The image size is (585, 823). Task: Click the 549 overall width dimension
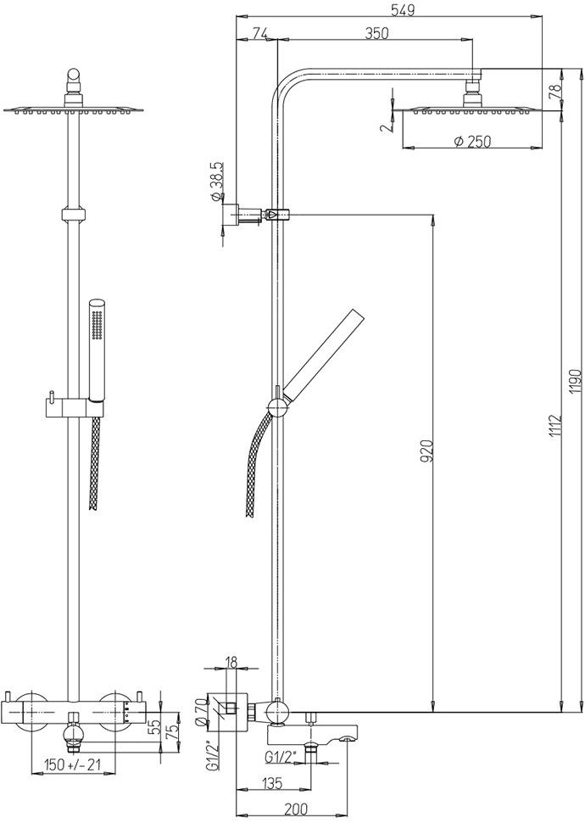(x=403, y=10)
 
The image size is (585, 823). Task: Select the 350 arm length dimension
(x=376, y=33)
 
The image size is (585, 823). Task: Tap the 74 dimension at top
(x=260, y=33)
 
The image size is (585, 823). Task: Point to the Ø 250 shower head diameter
(x=472, y=141)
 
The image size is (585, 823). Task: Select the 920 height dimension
(x=427, y=451)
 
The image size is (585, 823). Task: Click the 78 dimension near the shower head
(x=555, y=89)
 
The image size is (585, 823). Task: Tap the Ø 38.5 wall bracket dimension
(x=217, y=182)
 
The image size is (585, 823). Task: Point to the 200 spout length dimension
(x=297, y=809)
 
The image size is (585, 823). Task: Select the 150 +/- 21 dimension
(x=72, y=764)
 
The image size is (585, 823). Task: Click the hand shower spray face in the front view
(x=96, y=326)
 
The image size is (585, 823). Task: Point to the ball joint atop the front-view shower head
(x=74, y=75)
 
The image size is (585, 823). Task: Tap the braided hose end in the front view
(x=94, y=506)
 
